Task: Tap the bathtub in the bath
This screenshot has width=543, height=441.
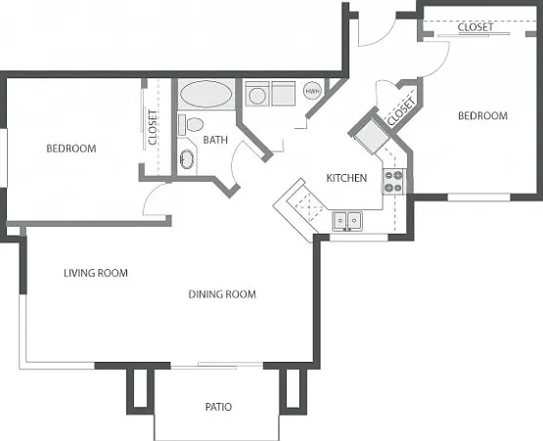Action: point(206,94)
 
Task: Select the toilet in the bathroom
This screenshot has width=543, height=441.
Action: point(191,124)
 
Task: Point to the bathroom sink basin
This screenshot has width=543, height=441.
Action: point(187,159)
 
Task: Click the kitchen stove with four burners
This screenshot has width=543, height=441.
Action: point(393,181)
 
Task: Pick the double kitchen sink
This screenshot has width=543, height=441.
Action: point(347,220)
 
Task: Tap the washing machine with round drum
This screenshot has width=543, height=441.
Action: point(257,94)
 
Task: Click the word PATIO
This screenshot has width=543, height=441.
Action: point(218,407)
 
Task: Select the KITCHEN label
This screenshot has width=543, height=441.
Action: point(346,178)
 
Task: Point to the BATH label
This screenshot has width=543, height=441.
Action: point(215,140)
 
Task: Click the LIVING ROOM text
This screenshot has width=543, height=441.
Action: point(96,273)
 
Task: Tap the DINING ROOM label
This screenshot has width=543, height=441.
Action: point(222,294)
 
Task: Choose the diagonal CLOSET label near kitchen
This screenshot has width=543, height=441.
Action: point(401,111)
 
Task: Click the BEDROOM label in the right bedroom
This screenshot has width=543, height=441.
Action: point(482,115)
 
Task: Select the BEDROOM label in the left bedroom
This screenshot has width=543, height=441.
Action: point(71,149)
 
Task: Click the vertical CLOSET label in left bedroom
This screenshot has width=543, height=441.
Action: point(153,127)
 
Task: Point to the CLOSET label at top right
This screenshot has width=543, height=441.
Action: point(475,27)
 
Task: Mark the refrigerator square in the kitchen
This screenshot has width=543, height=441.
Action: point(372,136)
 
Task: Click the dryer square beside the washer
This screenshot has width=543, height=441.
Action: point(284,94)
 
